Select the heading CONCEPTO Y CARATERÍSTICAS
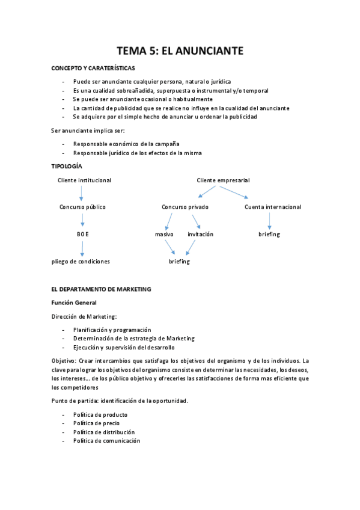[93, 69]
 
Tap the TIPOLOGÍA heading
[67, 166]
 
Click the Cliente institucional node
[84, 180]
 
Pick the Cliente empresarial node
[223, 180]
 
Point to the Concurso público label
[82, 207]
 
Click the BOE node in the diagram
[82, 234]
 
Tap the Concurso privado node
[185, 207]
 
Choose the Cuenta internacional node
[273, 207]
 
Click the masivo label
[164, 234]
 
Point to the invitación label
[200, 234]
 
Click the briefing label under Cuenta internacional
[269, 234]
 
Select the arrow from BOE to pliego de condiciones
[82, 248]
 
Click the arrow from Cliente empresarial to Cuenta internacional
[235, 192]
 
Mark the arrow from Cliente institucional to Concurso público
[82, 194]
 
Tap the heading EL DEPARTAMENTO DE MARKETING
[101, 289]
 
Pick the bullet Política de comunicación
[106, 441]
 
